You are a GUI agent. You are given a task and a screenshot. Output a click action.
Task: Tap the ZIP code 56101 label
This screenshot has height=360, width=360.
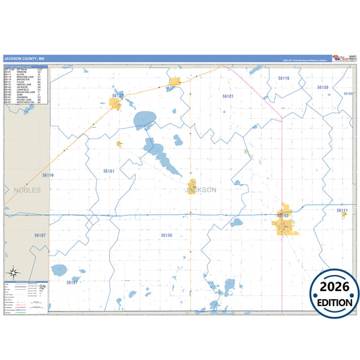pos(228,97)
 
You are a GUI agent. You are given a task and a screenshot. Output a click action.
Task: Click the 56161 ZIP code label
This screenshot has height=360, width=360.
pos(109,172)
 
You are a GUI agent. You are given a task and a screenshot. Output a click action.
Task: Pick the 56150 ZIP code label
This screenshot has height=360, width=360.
pos(167,235)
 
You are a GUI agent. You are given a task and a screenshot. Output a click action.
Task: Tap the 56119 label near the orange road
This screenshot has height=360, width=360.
pos(48,175)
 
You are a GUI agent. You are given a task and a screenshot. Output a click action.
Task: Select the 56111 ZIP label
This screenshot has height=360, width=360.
pos(342,211)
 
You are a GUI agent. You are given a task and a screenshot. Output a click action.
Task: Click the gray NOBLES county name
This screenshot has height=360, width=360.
pos(27,190)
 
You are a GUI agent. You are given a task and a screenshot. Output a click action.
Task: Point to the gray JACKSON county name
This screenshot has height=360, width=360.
pos(201,190)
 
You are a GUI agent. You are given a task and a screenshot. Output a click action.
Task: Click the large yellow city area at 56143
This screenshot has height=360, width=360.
pos(284,224)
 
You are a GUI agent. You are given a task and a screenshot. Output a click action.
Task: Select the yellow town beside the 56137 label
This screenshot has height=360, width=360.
pos(176,84)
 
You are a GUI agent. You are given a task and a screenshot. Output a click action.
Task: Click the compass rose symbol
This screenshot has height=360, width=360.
pos(16,274)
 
